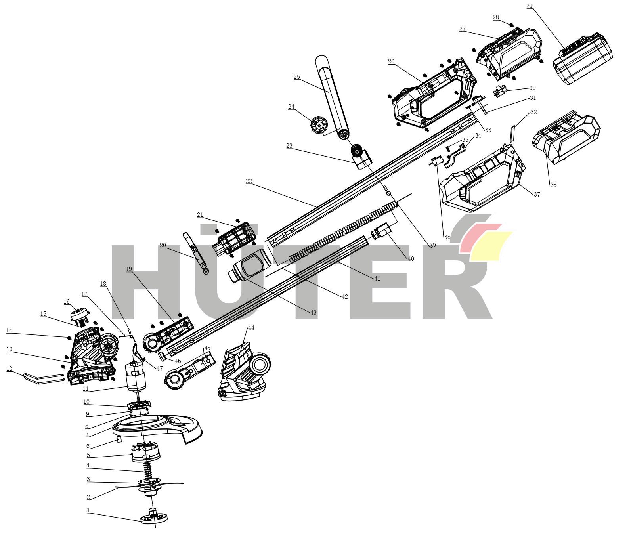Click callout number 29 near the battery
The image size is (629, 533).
(x=529, y=6)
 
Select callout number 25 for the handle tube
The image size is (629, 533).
(x=297, y=77)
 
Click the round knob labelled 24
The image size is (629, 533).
(x=319, y=126)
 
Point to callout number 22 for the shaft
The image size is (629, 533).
(x=249, y=181)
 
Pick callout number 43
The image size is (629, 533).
(x=314, y=313)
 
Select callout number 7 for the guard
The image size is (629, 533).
(x=87, y=434)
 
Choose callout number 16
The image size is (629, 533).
(x=67, y=302)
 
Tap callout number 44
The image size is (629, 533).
(x=251, y=328)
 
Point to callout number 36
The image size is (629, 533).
(x=553, y=185)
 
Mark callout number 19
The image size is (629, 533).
(x=129, y=269)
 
